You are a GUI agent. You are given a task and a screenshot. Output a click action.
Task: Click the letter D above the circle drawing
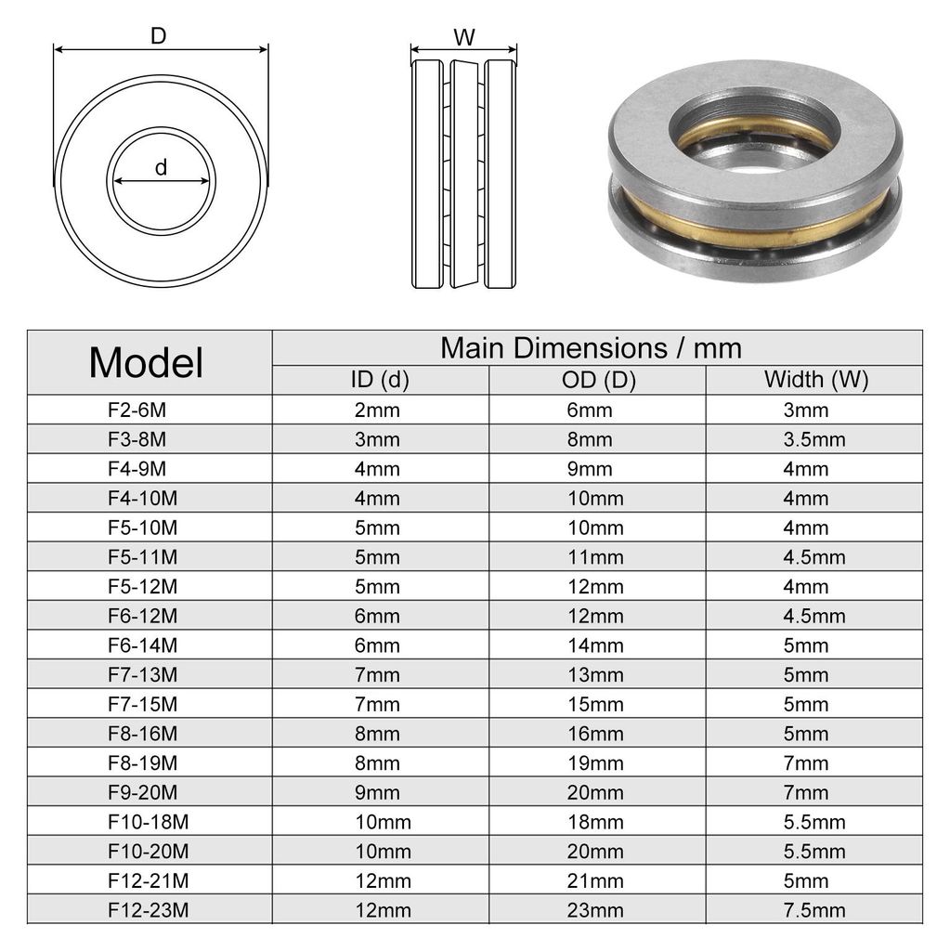(x=158, y=36)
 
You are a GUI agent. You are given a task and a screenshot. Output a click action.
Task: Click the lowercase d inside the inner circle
(x=161, y=167)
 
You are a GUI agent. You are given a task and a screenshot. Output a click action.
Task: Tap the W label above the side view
(x=464, y=37)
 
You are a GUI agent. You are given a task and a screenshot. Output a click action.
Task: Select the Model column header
(x=146, y=363)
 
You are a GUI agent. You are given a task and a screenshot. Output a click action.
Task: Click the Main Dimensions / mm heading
(x=591, y=348)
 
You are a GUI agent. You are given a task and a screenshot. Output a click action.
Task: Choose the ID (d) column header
(x=380, y=380)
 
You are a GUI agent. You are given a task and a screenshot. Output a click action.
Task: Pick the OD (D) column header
(x=598, y=380)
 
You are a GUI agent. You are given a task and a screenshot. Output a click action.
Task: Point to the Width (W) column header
(x=816, y=379)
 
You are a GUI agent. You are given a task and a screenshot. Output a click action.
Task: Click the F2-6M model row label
(x=137, y=410)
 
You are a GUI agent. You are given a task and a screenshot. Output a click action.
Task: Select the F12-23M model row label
(x=148, y=910)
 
